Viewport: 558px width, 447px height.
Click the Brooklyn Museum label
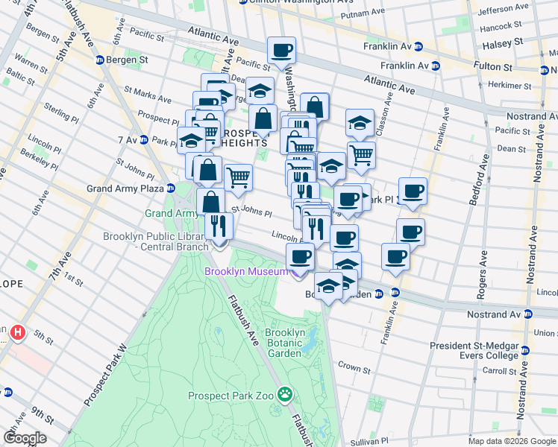coord(246,271)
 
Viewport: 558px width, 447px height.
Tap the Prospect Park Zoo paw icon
coord(284,393)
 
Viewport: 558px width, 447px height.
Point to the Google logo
coord(24,438)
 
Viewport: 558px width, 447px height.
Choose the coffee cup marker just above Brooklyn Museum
coord(300,257)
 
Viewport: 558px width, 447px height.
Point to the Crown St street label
coord(354,368)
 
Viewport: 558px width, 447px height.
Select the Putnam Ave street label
coord(374,14)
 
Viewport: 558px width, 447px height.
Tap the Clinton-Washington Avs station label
coord(296,2)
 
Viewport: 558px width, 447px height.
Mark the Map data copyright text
coord(512,440)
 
